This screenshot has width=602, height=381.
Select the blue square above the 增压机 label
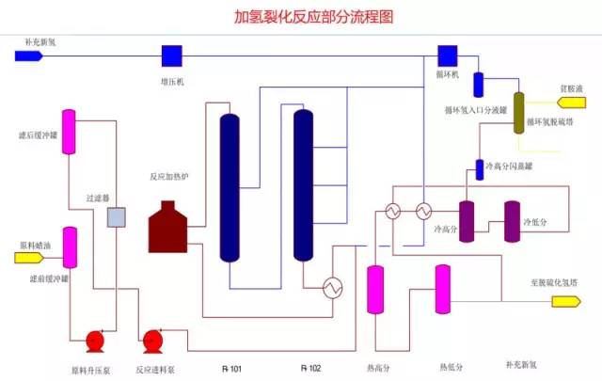click(171, 56)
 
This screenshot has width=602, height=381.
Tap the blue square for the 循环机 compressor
click(448, 56)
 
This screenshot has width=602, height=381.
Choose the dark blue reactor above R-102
click(303, 184)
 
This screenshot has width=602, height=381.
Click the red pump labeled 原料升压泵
click(95, 340)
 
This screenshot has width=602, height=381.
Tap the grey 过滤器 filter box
click(117, 217)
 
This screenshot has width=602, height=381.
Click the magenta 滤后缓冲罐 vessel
click(69, 133)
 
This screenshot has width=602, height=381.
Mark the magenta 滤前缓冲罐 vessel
click(69, 246)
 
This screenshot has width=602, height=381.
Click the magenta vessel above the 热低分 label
click(442, 289)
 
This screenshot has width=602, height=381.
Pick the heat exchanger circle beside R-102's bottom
click(331, 287)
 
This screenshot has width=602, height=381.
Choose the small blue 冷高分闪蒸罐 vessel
click(479, 167)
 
